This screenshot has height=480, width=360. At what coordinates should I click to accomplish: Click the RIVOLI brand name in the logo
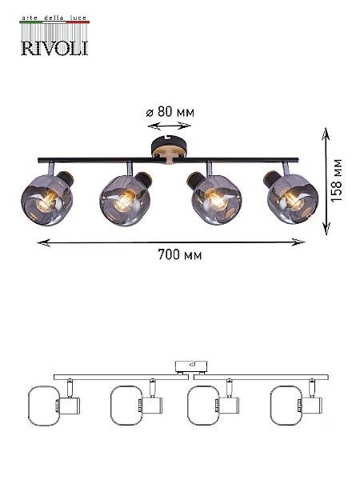tap(54, 48)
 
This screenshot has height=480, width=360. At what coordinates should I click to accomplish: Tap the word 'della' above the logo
tap(54, 18)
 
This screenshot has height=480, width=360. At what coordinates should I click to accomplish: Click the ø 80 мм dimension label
tap(170, 112)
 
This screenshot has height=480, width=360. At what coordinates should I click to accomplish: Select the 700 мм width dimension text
tap(180, 254)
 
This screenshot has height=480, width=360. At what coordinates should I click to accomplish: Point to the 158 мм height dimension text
tap(336, 180)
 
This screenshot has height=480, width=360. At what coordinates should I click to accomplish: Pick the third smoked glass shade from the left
tap(217, 200)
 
